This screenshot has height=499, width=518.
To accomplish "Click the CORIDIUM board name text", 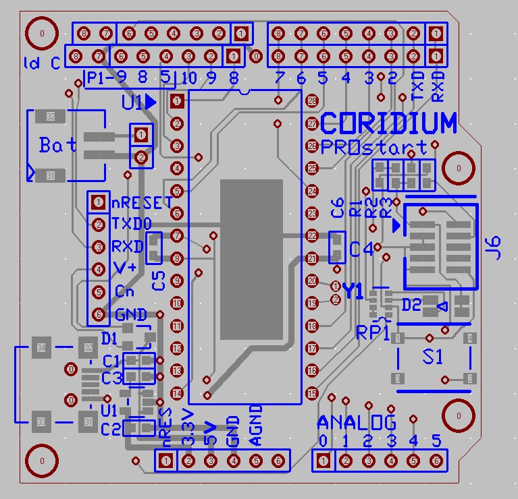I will pos(388,123).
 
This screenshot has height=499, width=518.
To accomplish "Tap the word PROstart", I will pos(373,147).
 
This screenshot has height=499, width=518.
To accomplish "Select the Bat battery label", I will pos(58,144).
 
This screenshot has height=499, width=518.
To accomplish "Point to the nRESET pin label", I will pos(142,202).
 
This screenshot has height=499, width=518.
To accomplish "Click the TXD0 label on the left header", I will pos(132,224).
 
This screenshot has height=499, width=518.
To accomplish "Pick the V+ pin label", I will pos(124,268).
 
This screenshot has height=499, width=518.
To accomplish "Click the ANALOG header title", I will pos(357,423).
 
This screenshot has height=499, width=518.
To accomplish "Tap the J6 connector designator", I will pos(495,247).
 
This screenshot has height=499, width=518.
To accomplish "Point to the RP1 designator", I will pos(373,332).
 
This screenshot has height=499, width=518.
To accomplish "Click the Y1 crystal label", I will pos(353,291).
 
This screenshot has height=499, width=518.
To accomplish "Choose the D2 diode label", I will pos(411,305).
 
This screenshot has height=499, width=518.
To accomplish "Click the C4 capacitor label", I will pos(361,249).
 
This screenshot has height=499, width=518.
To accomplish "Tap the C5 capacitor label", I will pos(159,280).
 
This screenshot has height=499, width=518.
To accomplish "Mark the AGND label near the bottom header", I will pos(255,425).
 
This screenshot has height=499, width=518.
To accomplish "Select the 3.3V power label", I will pos(188,426).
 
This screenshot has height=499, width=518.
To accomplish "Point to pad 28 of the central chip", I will pos(312,101).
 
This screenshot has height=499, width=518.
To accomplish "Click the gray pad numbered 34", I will pos(42,348).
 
